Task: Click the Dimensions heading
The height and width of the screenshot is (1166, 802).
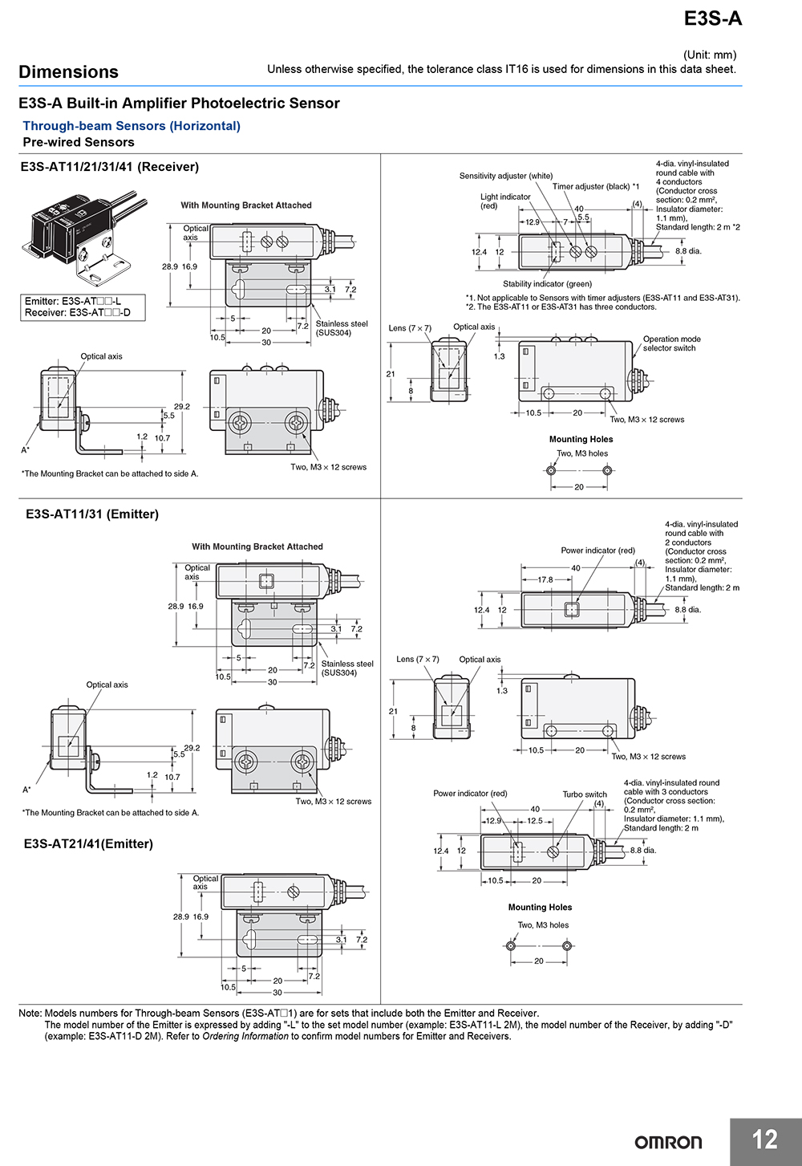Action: (x=68, y=72)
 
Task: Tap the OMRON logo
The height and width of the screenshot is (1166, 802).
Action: (x=668, y=1142)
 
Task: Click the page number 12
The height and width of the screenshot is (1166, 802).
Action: (x=764, y=1140)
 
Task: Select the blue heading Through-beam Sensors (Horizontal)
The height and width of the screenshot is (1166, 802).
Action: (x=132, y=126)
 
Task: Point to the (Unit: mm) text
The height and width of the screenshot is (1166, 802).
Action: (x=709, y=55)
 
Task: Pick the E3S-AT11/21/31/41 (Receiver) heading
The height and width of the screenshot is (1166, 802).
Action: (x=109, y=167)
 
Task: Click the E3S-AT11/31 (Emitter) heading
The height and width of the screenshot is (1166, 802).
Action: (x=92, y=514)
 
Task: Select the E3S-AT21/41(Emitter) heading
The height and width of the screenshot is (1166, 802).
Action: (x=88, y=843)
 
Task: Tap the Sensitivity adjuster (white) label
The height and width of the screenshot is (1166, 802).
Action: (x=505, y=176)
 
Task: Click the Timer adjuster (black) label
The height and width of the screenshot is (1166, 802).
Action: (x=595, y=186)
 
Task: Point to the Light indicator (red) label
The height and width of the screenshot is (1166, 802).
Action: (x=505, y=201)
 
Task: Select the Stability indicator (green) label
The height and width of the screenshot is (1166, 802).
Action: (x=547, y=284)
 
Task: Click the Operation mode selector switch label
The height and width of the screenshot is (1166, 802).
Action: (x=671, y=343)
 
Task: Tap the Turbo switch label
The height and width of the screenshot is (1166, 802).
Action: (x=584, y=794)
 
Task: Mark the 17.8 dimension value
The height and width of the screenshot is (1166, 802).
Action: (x=545, y=579)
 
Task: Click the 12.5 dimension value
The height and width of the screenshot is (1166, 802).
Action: (x=534, y=821)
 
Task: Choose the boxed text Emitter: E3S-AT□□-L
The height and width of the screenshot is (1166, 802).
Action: (x=73, y=302)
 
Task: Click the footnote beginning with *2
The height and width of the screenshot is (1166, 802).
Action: (x=561, y=307)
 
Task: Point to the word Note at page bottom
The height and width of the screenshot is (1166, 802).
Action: (x=30, y=1014)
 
